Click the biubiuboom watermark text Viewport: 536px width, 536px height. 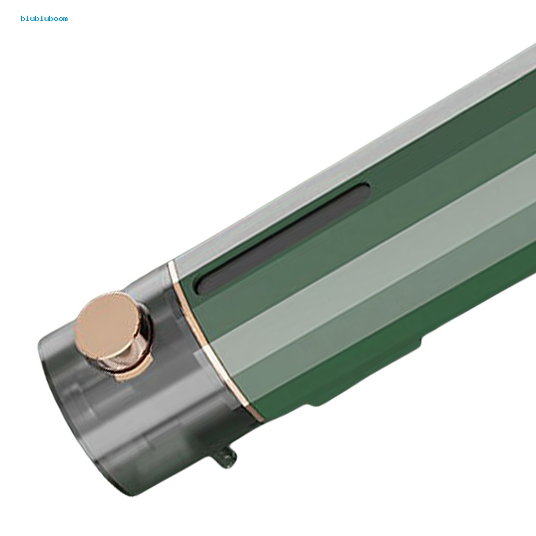click(44, 18)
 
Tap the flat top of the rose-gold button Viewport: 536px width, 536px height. click(107, 323)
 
